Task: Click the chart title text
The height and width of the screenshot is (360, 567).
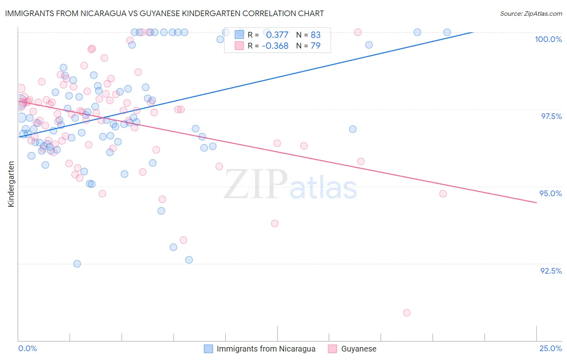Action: click(x=165, y=13)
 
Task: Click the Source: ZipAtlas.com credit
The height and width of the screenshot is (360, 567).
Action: click(x=531, y=13)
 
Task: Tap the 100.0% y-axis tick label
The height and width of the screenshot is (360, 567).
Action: click(x=548, y=39)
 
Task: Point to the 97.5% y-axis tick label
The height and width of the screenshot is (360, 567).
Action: click(x=551, y=116)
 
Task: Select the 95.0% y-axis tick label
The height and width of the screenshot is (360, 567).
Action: click(x=550, y=193)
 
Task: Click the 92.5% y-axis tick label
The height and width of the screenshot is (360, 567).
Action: click(x=551, y=271)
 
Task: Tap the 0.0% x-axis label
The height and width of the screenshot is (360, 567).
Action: click(x=27, y=348)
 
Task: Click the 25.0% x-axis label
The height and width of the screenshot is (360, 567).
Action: click(x=550, y=348)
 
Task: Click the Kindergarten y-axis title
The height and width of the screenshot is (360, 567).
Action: click(x=11, y=184)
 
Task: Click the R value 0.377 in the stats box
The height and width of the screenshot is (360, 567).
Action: click(x=277, y=35)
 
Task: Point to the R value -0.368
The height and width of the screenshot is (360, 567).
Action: click(x=275, y=46)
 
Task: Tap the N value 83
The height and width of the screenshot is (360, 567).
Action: click(x=315, y=35)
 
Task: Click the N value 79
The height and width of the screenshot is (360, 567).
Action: click(x=315, y=46)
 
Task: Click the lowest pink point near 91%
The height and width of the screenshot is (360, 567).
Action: click(x=406, y=313)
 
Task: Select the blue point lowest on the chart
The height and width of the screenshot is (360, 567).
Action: click(x=77, y=264)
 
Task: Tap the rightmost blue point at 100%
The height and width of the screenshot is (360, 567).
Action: click(x=447, y=32)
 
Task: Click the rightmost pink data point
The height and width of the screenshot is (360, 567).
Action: click(x=443, y=194)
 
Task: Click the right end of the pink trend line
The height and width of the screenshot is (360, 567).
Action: click(x=536, y=203)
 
